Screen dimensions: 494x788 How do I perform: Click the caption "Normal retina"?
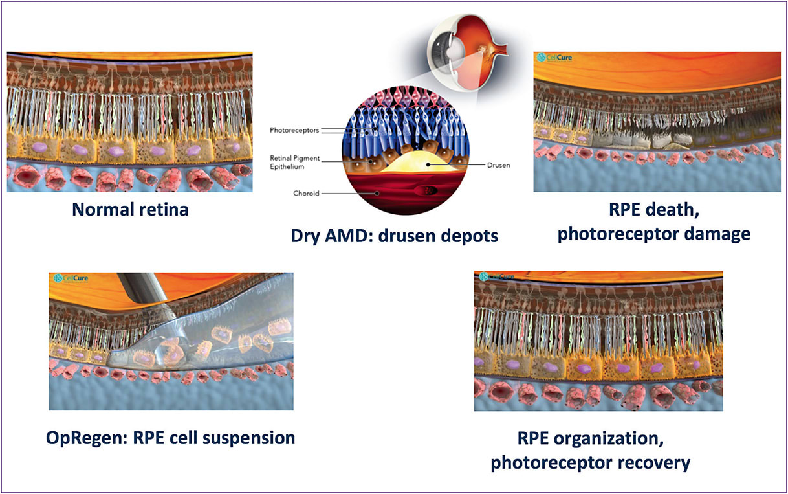pos(130,210)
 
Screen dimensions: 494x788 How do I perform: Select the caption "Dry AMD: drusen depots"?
pos(394,236)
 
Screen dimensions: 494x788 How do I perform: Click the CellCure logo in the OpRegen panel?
pos(71,278)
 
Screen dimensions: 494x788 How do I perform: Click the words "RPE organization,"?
pos(590,438)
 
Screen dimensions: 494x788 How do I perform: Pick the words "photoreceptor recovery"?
pos(590,462)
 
